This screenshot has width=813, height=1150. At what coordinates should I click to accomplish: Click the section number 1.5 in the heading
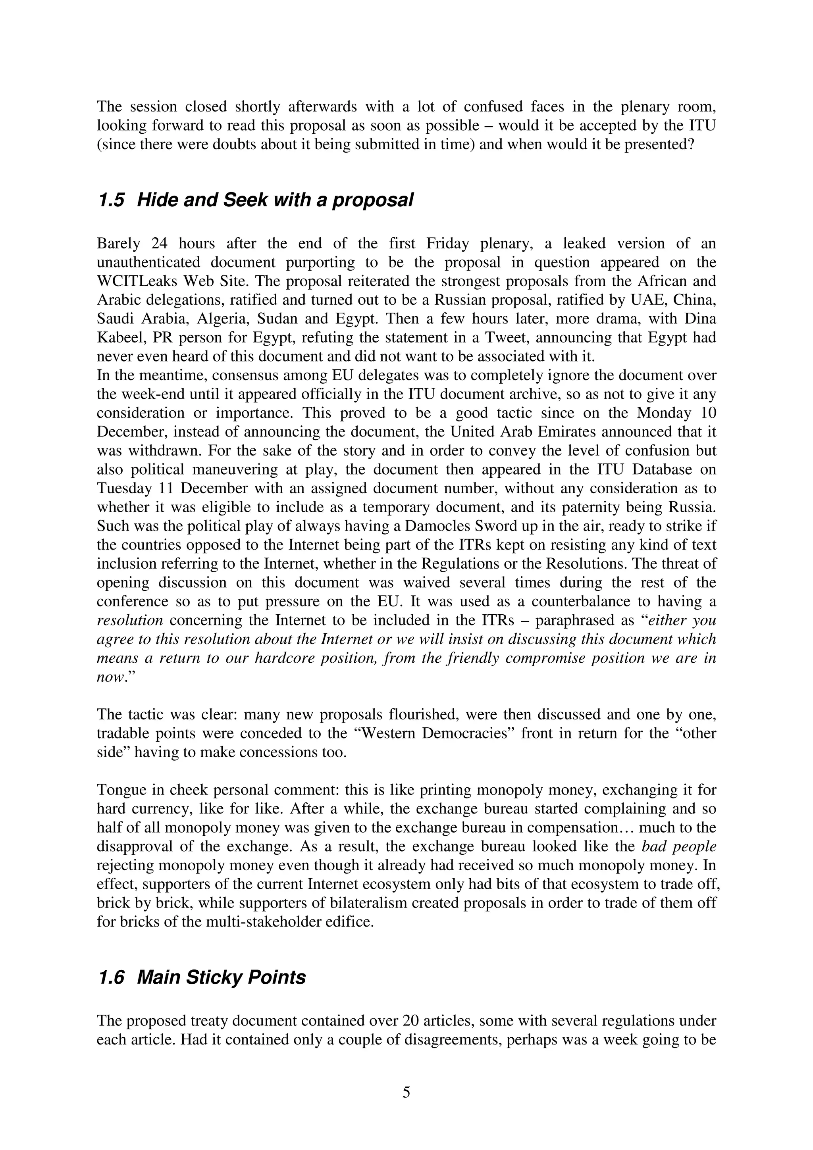[111, 200]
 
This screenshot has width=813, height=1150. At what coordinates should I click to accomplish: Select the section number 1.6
[111, 977]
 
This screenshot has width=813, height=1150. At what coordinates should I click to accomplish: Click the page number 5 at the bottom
[406, 1092]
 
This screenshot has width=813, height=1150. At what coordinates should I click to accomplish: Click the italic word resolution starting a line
[130, 620]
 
